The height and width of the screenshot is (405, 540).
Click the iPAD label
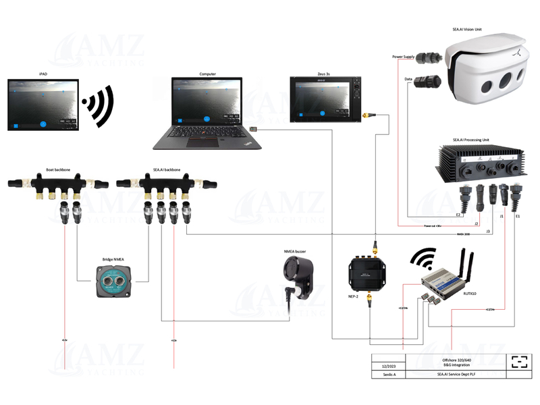[x=43, y=74]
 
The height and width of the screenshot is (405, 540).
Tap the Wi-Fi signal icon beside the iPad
[x=98, y=104]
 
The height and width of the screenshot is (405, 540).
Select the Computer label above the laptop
[x=207, y=74]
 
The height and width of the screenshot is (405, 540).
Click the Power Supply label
[x=404, y=57]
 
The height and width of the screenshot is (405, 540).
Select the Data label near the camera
[x=408, y=79]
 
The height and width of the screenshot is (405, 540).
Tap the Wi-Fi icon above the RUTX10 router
[x=424, y=259]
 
